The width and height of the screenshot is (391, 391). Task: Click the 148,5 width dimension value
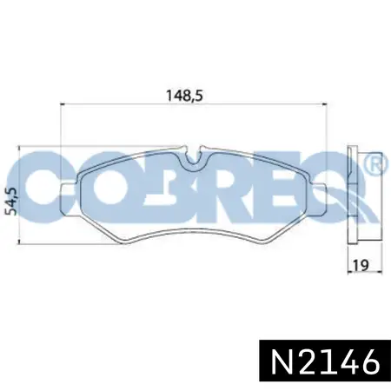183,96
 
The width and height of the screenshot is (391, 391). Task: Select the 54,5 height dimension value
13,201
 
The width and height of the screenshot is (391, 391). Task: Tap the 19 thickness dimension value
361,265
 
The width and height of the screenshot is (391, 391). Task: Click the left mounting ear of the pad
70,199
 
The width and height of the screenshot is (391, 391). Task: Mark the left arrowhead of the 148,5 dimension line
63,103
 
